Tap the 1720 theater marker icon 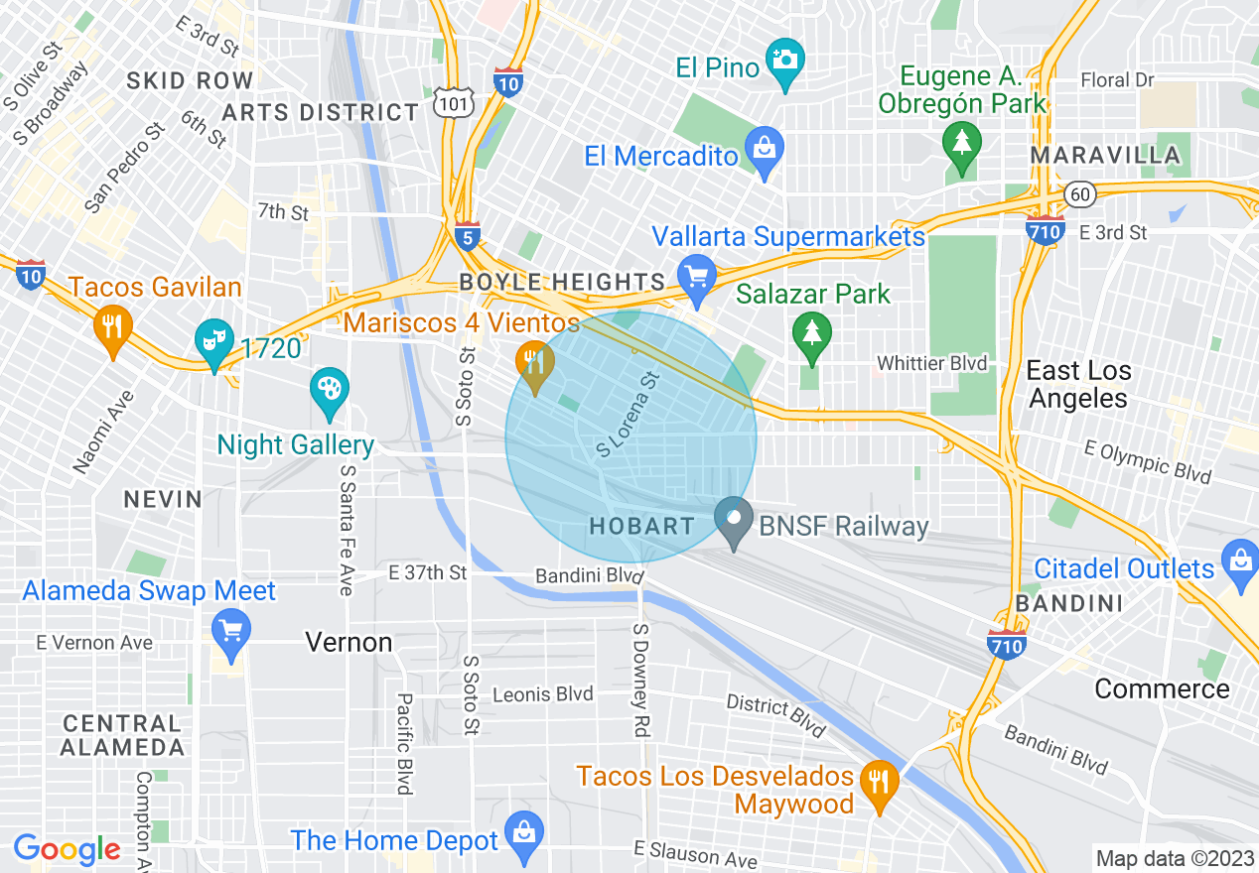coord(214,339)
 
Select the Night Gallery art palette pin coord(328,388)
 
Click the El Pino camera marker coord(785,60)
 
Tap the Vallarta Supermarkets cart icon coord(696,274)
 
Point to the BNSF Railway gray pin coord(734,519)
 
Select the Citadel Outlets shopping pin coord(1240,560)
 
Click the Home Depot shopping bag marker coord(523,832)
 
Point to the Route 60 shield coord(1080,193)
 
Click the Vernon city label coord(349,643)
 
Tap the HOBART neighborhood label coord(641,526)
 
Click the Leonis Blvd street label coord(542,694)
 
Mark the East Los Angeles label coord(1077,384)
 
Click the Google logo coord(67,849)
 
